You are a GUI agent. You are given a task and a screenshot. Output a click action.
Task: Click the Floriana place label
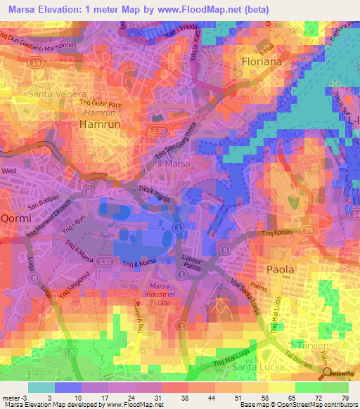click(x=262, y=62)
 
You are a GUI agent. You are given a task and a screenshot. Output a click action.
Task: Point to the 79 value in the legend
click(x=344, y=398)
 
